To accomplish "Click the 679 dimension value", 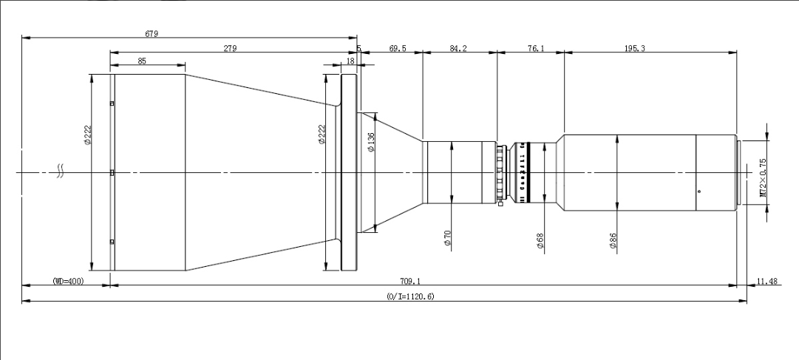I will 152,33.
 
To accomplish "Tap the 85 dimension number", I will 141,61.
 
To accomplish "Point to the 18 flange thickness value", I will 350,62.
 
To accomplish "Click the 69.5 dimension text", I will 397,48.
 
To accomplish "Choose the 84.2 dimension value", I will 458,48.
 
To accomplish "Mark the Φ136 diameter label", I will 370,142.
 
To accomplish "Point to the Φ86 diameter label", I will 613,241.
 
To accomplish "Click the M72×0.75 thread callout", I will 763,178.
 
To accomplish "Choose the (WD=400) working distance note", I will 68,281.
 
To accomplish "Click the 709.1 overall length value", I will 409,281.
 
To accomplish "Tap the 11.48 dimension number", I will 767,281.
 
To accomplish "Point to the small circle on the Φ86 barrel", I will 698,191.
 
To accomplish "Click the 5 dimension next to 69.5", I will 358,49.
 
